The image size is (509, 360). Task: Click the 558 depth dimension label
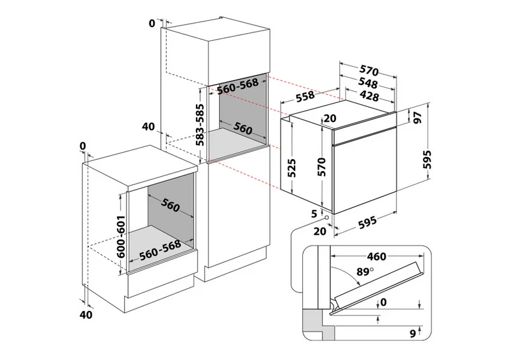tap(305, 96)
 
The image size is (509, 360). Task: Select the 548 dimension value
tap(368, 83)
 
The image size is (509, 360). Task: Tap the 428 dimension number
tap(369, 96)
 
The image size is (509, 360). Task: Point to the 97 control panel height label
tap(418, 117)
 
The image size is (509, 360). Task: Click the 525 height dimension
tap(292, 168)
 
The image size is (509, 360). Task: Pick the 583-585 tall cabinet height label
tap(201, 125)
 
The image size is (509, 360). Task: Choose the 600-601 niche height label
tap(121, 237)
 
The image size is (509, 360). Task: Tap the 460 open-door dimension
tap(377, 256)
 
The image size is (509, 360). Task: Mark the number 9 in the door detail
tap(413, 333)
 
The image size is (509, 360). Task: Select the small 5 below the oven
tap(314, 214)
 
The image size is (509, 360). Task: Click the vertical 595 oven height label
tap(428, 160)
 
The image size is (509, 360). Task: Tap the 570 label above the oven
tap(369, 71)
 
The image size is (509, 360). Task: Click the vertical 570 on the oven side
tap(321, 167)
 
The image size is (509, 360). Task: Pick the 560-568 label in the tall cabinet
tap(237, 86)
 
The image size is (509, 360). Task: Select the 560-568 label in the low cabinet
tap(160, 250)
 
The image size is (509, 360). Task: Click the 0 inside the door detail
tap(384, 302)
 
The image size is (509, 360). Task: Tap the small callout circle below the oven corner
tap(326, 218)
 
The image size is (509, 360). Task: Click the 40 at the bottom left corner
tap(86, 315)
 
